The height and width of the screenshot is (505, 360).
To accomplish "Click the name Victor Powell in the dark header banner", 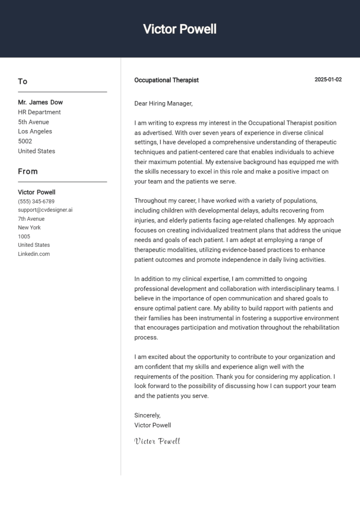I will (180, 29).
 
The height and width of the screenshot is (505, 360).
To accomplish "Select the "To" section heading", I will (22, 82).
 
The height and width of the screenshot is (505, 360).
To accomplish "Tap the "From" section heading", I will (28, 171).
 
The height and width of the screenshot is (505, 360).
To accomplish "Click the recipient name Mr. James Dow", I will (40, 102).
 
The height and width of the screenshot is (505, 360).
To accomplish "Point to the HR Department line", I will (39, 112).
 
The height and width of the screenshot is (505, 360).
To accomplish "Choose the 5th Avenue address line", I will (33, 122).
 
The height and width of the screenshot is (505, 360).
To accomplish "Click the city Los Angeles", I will (35, 132).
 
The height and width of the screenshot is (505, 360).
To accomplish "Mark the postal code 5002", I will (25, 141).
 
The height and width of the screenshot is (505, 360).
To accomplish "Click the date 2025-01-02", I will (328, 80).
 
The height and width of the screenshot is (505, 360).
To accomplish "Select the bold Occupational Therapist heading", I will (166, 80).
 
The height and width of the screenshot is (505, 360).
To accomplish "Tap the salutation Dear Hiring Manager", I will (163, 104).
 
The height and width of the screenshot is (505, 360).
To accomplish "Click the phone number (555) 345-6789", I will (36, 201).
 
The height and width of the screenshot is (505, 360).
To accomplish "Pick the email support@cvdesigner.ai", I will (45, 210).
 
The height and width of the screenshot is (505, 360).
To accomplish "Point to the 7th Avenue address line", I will (31, 219).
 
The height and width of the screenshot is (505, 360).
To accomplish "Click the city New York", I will (30, 228).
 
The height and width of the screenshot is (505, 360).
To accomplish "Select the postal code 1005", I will (24, 237).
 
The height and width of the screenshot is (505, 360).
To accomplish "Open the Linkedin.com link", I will (34, 254).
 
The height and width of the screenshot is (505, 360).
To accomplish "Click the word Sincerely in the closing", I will (147, 416).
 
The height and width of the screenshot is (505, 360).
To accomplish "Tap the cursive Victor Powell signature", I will (157, 441).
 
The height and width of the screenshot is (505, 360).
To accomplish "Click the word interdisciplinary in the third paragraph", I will (297, 289).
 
